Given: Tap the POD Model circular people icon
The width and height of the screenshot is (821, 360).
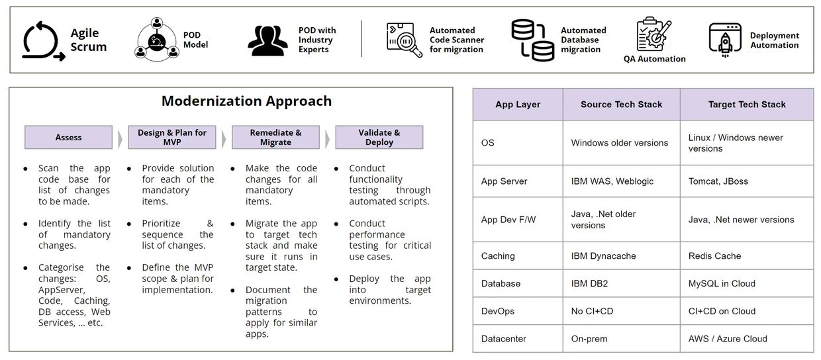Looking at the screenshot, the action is [157, 40].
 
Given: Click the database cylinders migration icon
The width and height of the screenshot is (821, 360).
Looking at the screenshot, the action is [532, 40].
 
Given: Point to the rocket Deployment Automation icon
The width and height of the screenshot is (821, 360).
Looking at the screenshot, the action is [725, 40].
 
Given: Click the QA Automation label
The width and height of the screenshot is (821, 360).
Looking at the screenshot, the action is [654, 59].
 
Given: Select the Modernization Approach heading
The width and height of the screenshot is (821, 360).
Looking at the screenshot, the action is [247, 101].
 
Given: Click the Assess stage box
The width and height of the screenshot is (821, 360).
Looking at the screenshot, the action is [69, 138].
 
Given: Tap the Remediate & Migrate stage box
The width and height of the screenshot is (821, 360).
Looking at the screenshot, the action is [275, 138].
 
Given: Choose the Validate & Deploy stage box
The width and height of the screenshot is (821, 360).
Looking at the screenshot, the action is [379, 138].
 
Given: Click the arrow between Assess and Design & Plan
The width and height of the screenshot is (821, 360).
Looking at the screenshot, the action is [121, 139].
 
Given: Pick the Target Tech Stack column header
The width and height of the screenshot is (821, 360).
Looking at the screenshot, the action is [747, 105].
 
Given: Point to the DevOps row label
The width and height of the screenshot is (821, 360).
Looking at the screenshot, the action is [498, 311].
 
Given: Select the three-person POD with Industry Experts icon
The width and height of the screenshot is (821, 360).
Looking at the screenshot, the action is [268, 40].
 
